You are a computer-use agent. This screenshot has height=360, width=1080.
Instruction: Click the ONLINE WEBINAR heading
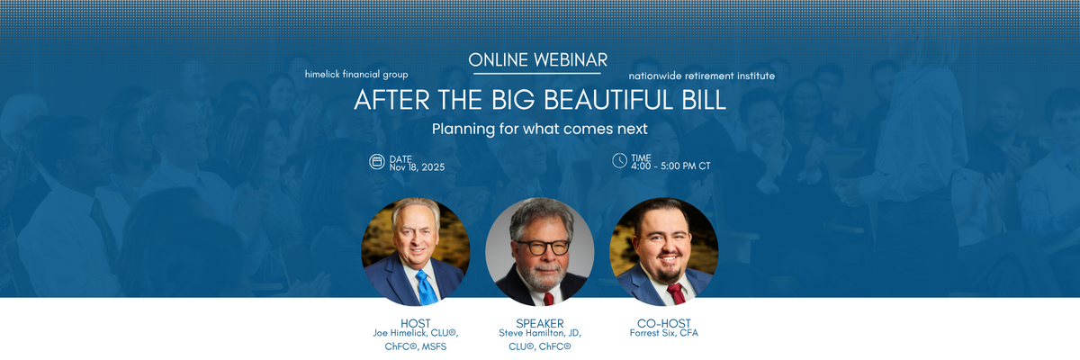[x=537, y=60]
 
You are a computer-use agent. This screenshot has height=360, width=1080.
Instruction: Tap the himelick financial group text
[x=356, y=74]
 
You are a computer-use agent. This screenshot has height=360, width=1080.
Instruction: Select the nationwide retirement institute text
[x=701, y=76]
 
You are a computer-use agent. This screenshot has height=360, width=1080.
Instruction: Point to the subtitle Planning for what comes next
[x=539, y=129]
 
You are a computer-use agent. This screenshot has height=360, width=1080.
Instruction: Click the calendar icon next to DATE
[x=377, y=162]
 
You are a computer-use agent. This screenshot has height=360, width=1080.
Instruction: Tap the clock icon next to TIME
[x=619, y=160]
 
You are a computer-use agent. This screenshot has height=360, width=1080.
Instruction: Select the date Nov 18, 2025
[x=417, y=167]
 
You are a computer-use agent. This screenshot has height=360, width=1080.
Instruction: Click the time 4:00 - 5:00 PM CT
[x=670, y=166]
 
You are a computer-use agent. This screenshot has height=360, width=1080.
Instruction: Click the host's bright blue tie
[x=427, y=288]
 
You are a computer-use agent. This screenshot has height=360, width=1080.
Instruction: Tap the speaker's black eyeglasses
[x=543, y=247]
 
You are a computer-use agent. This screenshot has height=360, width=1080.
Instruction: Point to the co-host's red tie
[x=677, y=293]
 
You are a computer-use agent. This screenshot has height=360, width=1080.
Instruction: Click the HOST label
[x=416, y=323]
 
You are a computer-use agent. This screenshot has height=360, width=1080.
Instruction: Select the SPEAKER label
[x=539, y=323]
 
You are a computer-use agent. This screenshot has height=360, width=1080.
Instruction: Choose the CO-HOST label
[x=664, y=323]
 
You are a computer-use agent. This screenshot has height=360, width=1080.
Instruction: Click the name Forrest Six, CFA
[x=664, y=333]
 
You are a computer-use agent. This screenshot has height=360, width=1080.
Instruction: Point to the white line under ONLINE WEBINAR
[x=537, y=74]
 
